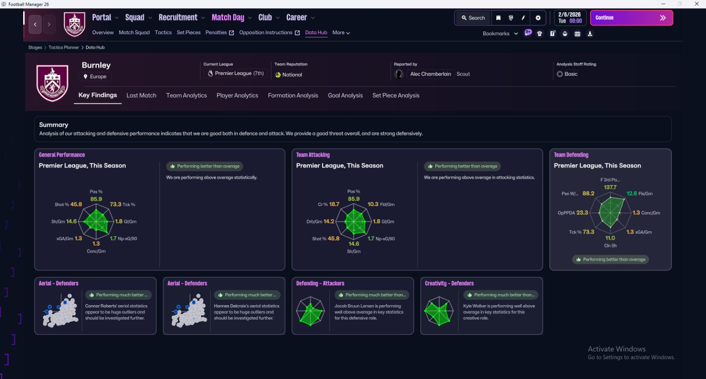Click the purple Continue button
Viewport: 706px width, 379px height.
click(632, 18)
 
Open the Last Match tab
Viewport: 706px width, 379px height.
click(141, 95)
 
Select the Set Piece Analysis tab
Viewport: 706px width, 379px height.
click(395, 95)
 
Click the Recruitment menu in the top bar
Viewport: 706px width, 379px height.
click(178, 18)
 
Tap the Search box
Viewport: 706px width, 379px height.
click(473, 18)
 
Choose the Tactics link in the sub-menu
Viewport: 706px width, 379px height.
click(163, 33)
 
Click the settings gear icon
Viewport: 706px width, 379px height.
click(538, 18)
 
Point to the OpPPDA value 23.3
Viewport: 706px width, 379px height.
click(582, 213)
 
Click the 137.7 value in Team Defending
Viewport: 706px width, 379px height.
click(610, 187)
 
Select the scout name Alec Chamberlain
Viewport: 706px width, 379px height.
click(430, 74)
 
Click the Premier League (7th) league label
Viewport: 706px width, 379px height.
click(239, 73)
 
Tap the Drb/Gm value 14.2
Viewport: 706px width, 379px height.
click(329, 221)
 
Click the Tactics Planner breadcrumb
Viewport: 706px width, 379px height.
click(63, 47)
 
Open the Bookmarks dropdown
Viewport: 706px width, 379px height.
click(500, 34)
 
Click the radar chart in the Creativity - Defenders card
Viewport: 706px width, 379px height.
click(438, 311)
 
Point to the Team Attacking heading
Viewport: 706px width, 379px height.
click(313, 155)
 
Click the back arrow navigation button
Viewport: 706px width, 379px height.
click(35, 24)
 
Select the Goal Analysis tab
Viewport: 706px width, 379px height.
click(345, 95)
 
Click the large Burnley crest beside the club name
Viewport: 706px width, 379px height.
click(52, 83)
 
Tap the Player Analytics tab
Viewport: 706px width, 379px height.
click(237, 95)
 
